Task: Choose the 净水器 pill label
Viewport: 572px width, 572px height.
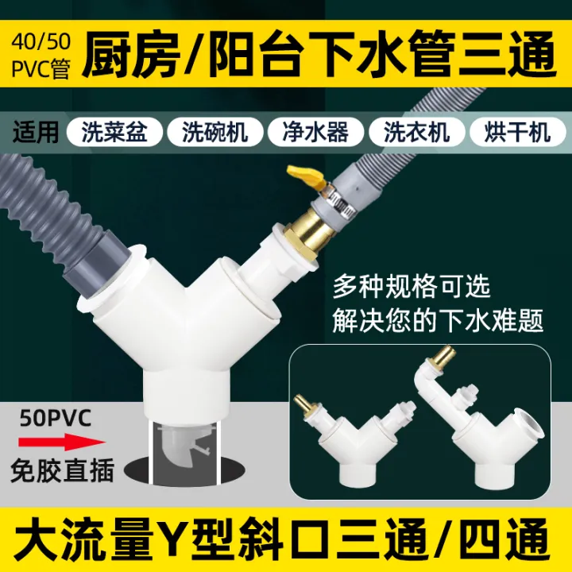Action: (315, 131)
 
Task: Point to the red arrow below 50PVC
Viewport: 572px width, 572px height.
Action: (56, 442)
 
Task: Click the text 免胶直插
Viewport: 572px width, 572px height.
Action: (61, 470)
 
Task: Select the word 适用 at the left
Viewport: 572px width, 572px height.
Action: (37, 131)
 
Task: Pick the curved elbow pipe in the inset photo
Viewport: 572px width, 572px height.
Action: (428, 381)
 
